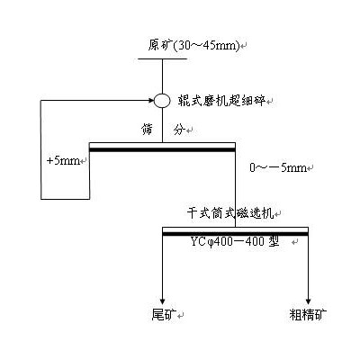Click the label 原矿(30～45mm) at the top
click(194, 46)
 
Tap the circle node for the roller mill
click(162, 101)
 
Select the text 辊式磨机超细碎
click(221, 101)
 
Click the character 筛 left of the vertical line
click(147, 130)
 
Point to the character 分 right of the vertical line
click(179, 130)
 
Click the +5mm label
click(63, 161)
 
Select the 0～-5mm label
click(278, 167)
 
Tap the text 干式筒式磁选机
click(230, 213)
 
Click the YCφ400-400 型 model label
click(235, 241)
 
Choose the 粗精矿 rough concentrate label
click(308, 314)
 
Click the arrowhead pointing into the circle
click(151, 101)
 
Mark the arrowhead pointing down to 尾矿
click(163, 301)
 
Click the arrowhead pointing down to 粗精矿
click(308, 301)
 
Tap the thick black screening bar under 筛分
click(162, 149)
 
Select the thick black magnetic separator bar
click(235, 234)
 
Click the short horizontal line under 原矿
click(163, 58)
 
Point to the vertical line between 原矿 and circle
click(162, 76)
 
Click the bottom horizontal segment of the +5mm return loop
click(66, 199)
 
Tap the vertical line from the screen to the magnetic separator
click(235, 188)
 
